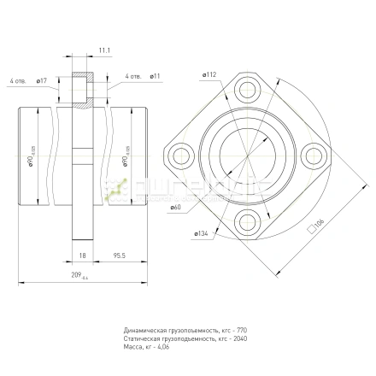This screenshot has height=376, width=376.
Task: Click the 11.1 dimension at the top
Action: pyautogui.click(x=104, y=52)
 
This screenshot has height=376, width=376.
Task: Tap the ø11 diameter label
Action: pyautogui.click(x=156, y=77)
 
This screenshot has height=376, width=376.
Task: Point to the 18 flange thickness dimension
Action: pyautogui.click(x=83, y=254)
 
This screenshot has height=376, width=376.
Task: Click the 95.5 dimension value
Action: pyautogui.click(x=120, y=254)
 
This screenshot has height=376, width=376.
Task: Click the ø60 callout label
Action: pyautogui.click(x=175, y=208)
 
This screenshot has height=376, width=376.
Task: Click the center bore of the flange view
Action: pyautogui.click(x=247, y=155)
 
